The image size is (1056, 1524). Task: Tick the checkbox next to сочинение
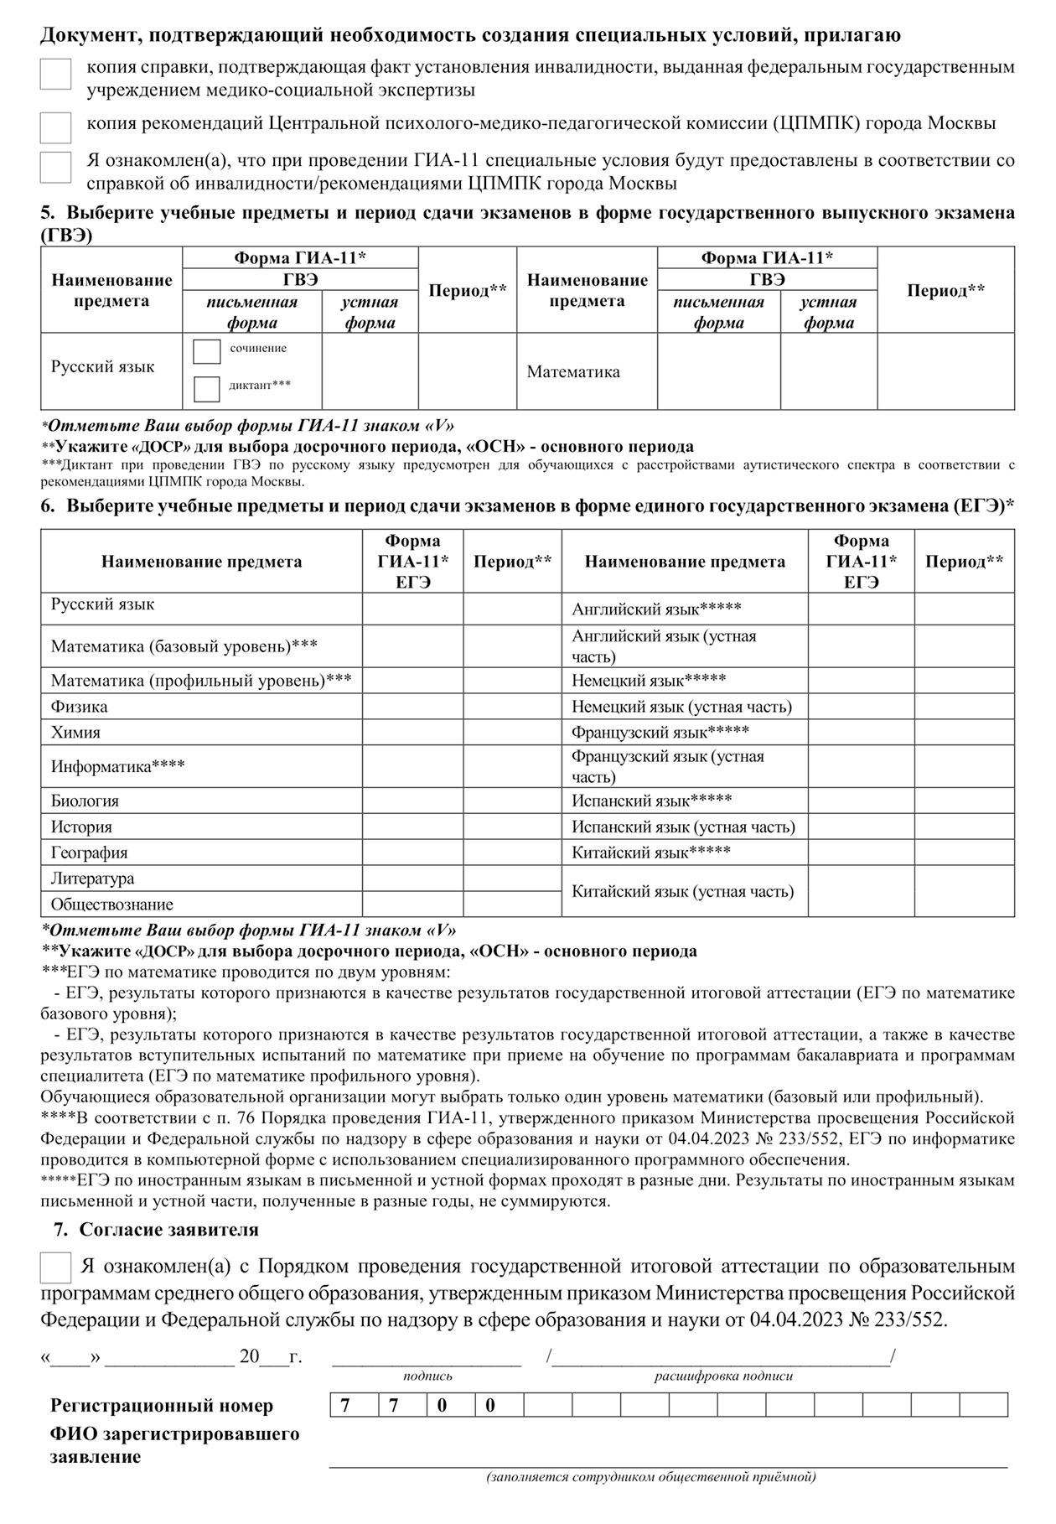(x=206, y=352)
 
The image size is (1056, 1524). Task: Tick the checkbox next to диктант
(x=206, y=389)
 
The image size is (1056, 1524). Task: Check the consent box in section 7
(x=55, y=1267)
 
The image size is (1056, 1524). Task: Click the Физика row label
(x=80, y=707)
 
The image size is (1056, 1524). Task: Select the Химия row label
(x=75, y=733)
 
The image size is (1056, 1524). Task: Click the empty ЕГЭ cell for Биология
(x=412, y=801)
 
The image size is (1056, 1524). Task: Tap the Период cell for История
(x=512, y=827)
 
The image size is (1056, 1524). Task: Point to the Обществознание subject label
(x=112, y=905)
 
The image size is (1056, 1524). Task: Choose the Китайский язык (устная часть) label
(x=682, y=892)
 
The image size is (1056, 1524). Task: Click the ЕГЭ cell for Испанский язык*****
(x=861, y=801)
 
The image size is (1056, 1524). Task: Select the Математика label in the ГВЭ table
(x=573, y=372)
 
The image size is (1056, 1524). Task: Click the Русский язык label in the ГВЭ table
(x=103, y=367)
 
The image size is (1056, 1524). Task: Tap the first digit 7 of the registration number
(x=345, y=1406)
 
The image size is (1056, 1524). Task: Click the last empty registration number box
(x=984, y=1406)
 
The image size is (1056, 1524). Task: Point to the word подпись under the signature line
(x=427, y=1376)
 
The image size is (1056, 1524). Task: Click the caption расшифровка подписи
(x=723, y=1376)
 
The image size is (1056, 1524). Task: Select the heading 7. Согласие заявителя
(x=156, y=1230)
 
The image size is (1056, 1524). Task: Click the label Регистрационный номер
(x=162, y=1406)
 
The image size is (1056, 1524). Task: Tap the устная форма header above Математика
(x=828, y=313)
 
